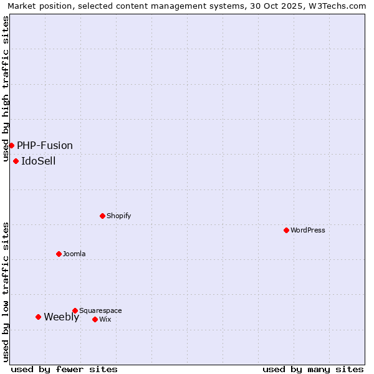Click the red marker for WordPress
(286, 230)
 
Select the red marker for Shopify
(102, 216)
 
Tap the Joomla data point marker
(59, 254)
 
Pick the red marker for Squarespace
(75, 310)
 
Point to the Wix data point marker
(95, 319)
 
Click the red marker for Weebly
(38, 317)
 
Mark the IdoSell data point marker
(16, 161)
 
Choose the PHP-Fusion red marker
(11, 145)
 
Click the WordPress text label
(308, 230)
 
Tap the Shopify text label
(119, 216)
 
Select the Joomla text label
(74, 254)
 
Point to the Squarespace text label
(100, 310)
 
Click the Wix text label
(105, 319)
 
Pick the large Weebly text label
(61, 317)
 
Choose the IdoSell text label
(39, 161)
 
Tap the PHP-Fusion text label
(45, 145)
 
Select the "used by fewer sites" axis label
(64, 369)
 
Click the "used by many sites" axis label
(313, 369)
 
